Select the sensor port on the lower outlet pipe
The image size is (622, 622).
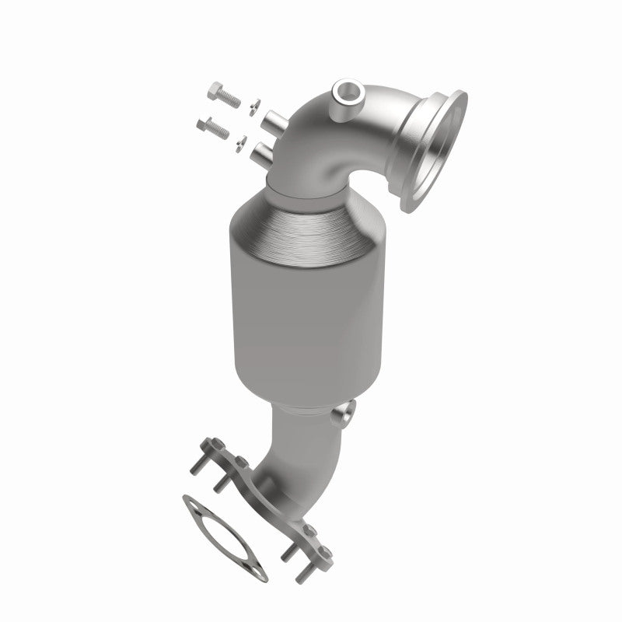[x=343, y=414]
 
